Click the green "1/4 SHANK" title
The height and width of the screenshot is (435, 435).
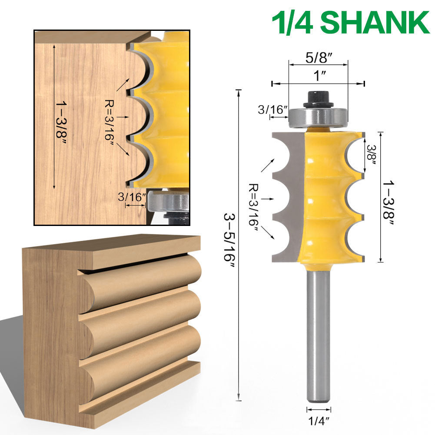(x=350, y=22)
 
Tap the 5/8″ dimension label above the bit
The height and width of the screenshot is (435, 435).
(x=319, y=57)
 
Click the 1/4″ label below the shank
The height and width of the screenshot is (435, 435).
(x=319, y=420)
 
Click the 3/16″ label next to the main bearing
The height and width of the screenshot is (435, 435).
(x=273, y=110)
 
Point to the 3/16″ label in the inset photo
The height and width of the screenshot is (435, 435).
(x=132, y=197)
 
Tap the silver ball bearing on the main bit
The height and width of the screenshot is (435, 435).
(x=318, y=117)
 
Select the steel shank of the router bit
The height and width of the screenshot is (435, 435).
(x=318, y=335)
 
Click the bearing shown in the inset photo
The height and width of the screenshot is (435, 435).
(x=169, y=202)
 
